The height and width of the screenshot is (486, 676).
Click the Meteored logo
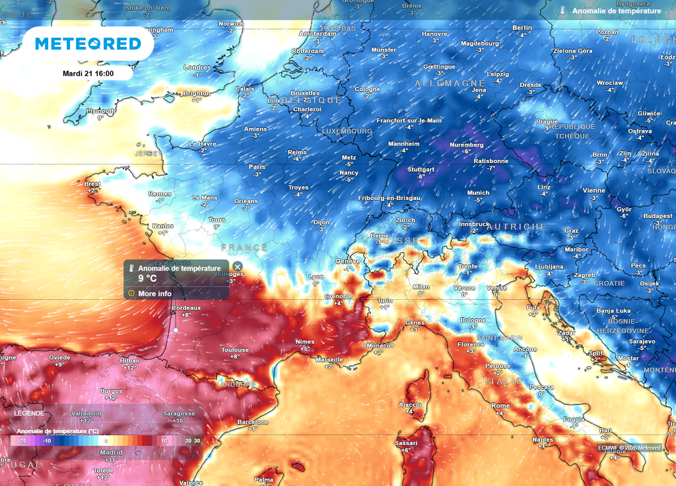click(88, 44)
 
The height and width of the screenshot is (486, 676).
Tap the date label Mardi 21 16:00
click(88, 73)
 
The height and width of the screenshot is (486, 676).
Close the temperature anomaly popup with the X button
click(238, 266)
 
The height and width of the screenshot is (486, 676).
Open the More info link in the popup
click(154, 293)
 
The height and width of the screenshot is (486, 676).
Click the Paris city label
click(257, 167)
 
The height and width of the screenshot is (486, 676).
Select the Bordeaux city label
click(186, 308)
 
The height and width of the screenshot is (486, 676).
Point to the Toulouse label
click(235, 350)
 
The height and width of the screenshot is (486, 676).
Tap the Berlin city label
click(522, 28)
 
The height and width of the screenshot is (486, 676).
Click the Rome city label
click(500, 405)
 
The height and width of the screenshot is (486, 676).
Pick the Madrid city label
click(111, 452)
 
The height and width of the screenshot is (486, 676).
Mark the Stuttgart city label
click(421, 170)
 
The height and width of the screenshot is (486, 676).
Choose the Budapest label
click(658, 216)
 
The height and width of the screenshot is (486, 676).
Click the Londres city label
click(197, 67)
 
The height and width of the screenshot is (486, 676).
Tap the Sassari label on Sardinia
click(406, 442)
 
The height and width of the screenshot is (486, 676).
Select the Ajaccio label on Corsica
click(410, 404)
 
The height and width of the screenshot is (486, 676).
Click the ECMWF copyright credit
click(629, 448)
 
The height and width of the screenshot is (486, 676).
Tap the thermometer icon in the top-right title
click(562, 11)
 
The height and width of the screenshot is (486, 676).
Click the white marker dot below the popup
click(176, 330)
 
